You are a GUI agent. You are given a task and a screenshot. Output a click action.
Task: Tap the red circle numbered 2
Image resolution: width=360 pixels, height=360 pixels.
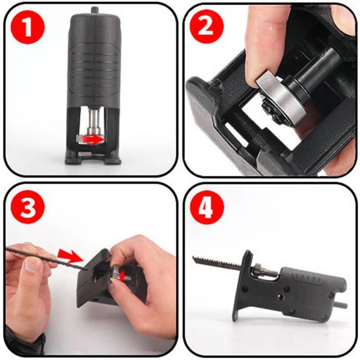coord(207,27)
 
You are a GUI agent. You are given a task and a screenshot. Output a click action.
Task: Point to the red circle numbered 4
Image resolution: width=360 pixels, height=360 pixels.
coord(207,207)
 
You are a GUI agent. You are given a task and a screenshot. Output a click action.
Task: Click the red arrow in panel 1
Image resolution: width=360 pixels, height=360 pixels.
coord(94,140)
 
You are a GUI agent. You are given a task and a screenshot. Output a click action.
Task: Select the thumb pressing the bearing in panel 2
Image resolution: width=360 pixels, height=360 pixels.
coord(265,49)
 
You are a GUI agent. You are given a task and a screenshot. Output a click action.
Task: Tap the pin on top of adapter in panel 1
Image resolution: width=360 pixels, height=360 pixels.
coord(94,9)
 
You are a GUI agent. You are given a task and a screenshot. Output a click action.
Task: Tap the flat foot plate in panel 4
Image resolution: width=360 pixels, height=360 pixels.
coord(243,288)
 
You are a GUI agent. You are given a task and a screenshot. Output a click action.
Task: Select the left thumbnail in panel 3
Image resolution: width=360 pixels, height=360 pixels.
coord(33,265)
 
